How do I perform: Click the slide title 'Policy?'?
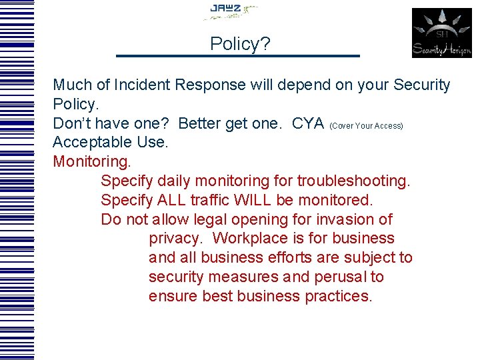pyautogui.click(x=240, y=44)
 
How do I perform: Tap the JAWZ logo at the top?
pyautogui.click(x=231, y=11)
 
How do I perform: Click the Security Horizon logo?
pyautogui.click(x=441, y=33)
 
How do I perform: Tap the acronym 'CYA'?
pyautogui.click(x=308, y=124)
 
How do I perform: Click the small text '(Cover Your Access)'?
pyautogui.click(x=366, y=126)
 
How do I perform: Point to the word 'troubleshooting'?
pyautogui.click(x=353, y=181)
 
